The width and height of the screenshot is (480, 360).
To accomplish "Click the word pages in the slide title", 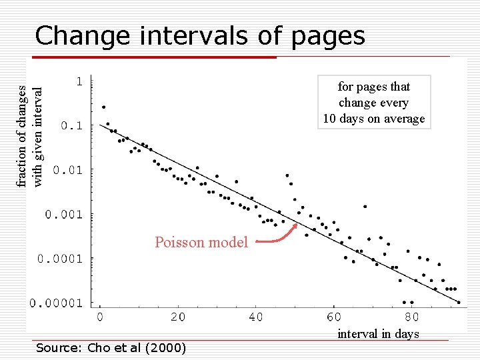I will [329, 37].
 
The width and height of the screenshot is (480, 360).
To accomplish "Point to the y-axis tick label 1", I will [79, 81].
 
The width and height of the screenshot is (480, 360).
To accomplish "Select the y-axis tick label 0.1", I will [72, 125].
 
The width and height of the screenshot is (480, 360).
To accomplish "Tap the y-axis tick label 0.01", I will [68, 170].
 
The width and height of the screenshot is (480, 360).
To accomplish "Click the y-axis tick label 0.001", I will [64, 214].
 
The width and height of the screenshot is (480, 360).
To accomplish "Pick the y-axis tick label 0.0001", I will [60, 258].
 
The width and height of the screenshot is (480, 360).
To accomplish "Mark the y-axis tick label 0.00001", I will [56, 303].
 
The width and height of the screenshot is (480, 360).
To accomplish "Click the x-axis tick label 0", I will [100, 317].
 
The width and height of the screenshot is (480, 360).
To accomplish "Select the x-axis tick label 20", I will [178, 317].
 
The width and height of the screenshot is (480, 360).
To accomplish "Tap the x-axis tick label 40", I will [256, 317].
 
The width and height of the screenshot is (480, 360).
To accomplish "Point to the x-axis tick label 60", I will [334, 317].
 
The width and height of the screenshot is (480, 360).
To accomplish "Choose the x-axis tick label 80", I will [412, 317].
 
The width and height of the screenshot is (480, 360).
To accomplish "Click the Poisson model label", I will [201, 242].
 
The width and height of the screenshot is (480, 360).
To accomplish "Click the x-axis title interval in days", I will [378, 334].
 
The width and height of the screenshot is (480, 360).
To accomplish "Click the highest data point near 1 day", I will [103, 107].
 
